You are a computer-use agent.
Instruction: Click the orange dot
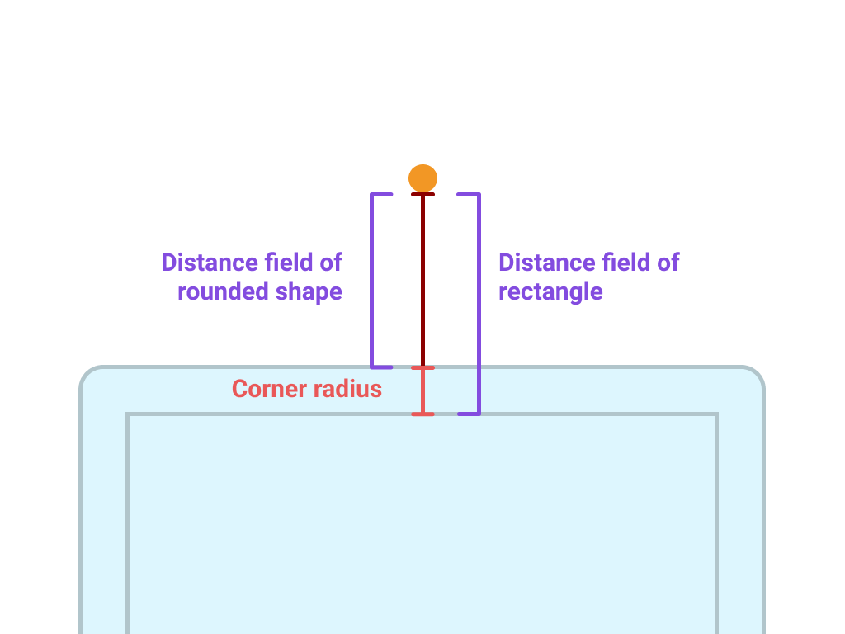pos(422,177)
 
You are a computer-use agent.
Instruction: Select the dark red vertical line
pos(422,281)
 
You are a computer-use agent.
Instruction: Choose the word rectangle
pos(550,292)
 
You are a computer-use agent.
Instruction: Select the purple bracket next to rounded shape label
pos(372,281)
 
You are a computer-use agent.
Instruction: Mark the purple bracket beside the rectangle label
pos(479,304)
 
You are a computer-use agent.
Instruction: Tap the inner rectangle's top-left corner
pos(128,414)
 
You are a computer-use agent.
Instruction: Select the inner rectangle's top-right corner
pos(716,414)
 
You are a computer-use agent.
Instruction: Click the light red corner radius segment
pos(422,390)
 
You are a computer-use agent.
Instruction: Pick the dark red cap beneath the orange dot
pos(422,195)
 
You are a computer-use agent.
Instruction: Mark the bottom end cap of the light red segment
pos(422,414)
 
